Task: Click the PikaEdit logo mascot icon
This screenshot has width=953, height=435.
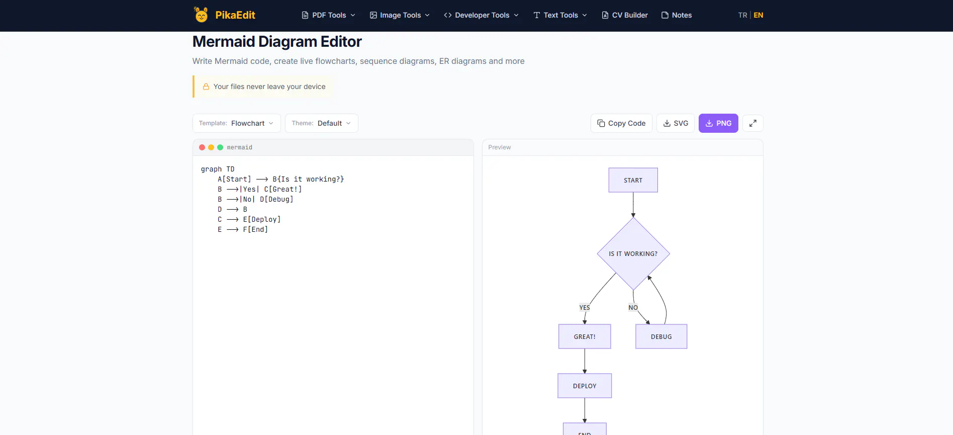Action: tap(201, 15)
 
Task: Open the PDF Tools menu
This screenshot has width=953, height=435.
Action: tap(329, 15)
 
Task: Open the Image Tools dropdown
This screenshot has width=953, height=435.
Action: tap(400, 15)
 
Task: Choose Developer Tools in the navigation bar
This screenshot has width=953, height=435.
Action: tap(482, 15)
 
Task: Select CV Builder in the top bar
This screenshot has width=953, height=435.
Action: tap(625, 15)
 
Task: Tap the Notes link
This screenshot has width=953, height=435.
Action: tap(677, 15)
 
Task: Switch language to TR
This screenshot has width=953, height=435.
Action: tap(742, 15)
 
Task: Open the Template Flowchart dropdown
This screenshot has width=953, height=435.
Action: tap(236, 123)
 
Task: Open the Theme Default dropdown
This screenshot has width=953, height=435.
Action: tap(322, 123)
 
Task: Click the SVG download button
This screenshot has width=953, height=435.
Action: tap(676, 123)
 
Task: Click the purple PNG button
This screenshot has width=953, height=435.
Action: tap(718, 123)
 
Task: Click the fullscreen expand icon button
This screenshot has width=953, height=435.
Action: tap(753, 123)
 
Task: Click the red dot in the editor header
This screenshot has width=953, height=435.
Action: tap(202, 147)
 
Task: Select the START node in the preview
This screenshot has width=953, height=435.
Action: tap(633, 180)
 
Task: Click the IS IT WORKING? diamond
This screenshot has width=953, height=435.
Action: tap(633, 253)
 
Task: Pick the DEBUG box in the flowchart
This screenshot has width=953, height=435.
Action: tap(661, 336)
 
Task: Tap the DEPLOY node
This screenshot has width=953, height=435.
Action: tap(585, 386)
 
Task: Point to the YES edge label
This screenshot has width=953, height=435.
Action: tap(585, 307)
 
